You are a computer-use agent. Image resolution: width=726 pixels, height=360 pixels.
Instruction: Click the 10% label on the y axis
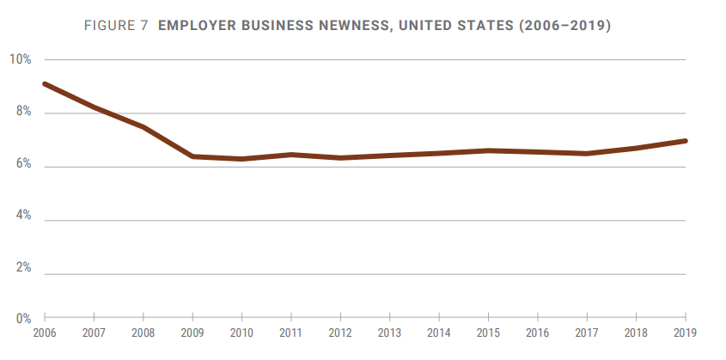[x=20, y=59]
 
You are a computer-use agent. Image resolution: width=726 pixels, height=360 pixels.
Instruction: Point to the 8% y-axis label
[x=22, y=112]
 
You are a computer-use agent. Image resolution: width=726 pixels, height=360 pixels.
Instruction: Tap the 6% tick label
[x=22, y=165]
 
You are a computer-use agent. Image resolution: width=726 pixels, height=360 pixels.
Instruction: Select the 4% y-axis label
[x=22, y=217]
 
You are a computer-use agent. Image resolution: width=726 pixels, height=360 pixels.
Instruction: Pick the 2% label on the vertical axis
[x=22, y=269]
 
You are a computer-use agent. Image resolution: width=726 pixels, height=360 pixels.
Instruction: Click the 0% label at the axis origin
[x=22, y=320]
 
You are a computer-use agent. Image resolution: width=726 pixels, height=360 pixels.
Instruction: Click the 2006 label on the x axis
[x=44, y=333]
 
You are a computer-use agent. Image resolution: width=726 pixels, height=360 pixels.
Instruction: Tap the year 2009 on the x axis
[x=192, y=333]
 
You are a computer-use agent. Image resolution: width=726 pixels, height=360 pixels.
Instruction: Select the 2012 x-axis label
[x=341, y=333]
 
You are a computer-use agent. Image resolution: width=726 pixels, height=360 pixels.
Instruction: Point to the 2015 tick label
[x=489, y=333]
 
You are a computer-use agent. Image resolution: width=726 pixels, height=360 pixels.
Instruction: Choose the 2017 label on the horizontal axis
[x=588, y=333]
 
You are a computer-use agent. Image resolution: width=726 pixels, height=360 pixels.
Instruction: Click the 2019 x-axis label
[x=686, y=333]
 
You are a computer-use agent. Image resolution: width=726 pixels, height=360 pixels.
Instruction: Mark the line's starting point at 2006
[x=45, y=84]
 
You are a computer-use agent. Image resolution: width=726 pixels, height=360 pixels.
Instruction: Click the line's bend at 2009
[x=192, y=156]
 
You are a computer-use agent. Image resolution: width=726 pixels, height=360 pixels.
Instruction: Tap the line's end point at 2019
[x=685, y=140]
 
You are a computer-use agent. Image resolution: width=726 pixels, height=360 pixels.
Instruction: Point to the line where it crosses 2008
[x=143, y=127]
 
